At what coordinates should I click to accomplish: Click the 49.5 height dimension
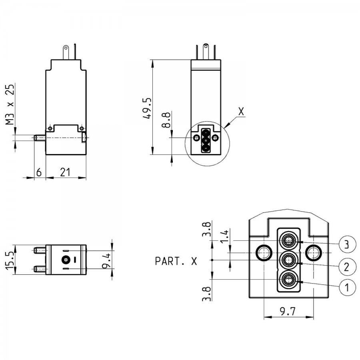[147, 108]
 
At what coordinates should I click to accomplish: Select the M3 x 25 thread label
[10, 104]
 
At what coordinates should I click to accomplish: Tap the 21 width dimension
[65, 172]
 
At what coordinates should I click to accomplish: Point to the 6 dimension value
[39, 172]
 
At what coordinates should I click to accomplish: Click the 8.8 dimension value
[166, 120]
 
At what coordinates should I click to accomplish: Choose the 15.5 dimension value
[10, 260]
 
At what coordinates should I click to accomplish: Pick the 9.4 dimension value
[106, 260]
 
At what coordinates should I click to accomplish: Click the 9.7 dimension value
[288, 312]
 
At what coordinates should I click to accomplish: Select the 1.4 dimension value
[224, 236]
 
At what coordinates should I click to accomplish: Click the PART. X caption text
[176, 261]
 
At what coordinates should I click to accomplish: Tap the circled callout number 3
[347, 244]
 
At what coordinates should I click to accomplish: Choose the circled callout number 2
[347, 266]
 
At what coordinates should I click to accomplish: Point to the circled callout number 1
[347, 286]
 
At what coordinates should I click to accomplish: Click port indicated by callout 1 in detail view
[288, 280]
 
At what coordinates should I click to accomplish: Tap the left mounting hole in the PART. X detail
[264, 253]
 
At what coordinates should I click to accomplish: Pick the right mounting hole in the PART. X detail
[313, 253]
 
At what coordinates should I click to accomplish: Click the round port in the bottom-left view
[66, 260]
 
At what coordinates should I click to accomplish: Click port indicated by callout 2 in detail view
[288, 260]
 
